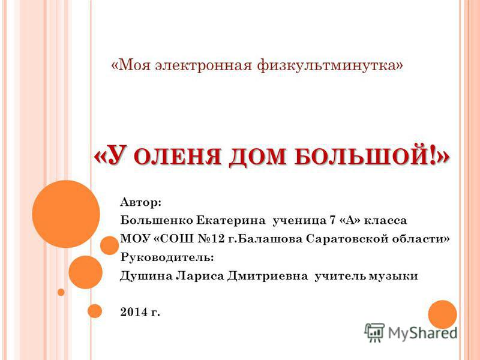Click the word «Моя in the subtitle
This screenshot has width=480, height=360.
(x=130, y=65)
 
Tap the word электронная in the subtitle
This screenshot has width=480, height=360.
(x=203, y=65)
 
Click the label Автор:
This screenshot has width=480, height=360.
(x=140, y=202)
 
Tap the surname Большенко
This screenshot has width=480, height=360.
(x=157, y=220)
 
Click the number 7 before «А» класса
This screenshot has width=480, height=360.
(x=332, y=220)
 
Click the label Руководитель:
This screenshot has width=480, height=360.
(x=167, y=257)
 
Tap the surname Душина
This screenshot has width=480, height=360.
(x=146, y=276)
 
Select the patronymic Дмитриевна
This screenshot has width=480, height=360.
(x=268, y=276)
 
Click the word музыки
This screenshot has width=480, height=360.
(x=394, y=276)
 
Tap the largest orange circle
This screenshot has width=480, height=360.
(x=66, y=214)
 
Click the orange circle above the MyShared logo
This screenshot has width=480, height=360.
(x=442, y=314)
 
